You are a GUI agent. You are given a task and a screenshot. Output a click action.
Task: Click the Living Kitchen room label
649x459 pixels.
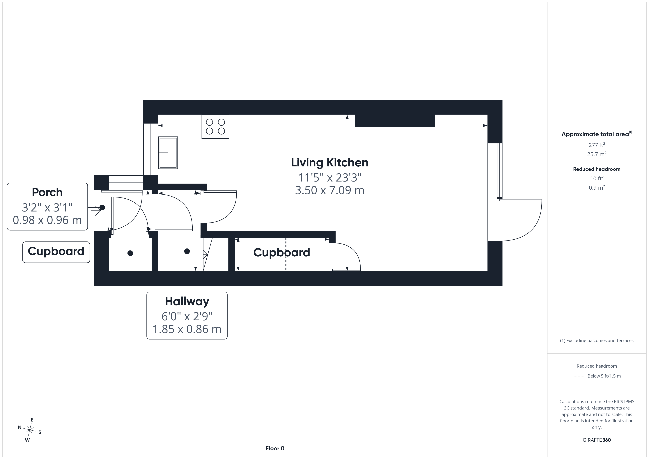click(x=330, y=163)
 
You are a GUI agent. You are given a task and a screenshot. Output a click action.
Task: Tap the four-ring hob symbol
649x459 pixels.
click(x=215, y=127)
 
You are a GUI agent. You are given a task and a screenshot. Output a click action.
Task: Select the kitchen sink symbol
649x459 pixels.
click(x=168, y=153)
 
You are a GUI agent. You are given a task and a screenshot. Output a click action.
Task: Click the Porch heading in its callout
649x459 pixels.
click(x=47, y=193)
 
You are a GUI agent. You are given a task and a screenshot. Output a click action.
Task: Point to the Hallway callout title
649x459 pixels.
click(x=187, y=302)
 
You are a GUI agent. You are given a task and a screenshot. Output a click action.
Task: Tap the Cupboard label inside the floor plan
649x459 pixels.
click(x=281, y=252)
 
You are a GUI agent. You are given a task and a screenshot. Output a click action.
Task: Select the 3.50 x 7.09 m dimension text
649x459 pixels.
click(x=330, y=190)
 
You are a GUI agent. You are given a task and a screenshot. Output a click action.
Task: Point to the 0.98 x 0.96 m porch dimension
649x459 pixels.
click(x=47, y=220)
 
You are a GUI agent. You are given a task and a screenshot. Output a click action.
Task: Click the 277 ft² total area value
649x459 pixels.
click(x=597, y=145)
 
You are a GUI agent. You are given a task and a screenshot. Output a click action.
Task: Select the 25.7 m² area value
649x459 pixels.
click(x=597, y=154)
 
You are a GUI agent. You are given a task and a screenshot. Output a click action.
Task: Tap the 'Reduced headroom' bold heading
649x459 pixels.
click(x=597, y=169)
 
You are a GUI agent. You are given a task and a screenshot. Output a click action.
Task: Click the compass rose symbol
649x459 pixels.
click(x=30, y=430)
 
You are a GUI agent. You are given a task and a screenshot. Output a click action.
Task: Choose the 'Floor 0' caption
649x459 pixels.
click(x=275, y=448)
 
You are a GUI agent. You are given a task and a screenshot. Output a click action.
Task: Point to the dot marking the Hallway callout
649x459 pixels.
click(x=187, y=251)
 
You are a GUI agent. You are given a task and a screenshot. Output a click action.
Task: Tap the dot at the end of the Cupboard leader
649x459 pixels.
click(x=130, y=253)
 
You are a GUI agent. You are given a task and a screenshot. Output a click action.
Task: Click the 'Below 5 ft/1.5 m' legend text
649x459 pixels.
click(x=604, y=376)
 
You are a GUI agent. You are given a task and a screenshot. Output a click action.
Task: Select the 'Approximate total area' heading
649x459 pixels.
click(x=595, y=134)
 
